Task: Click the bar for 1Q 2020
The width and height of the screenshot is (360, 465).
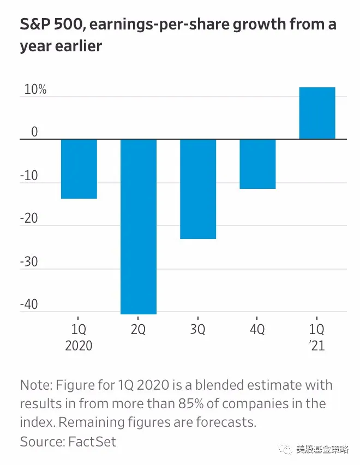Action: pyautogui.click(x=79, y=169)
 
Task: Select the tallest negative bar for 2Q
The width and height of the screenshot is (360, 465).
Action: pyautogui.click(x=139, y=226)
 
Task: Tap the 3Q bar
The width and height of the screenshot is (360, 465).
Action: pyautogui.click(x=198, y=189)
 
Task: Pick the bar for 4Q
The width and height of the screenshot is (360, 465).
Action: pyautogui.click(x=257, y=164)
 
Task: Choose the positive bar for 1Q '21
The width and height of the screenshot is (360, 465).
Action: pyautogui.click(x=317, y=113)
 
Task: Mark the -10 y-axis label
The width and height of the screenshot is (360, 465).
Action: pyautogui.click(x=30, y=176)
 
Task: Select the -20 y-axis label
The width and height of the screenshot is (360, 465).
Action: pyautogui.click(x=30, y=218)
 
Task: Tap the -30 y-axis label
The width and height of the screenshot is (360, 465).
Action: pyautogui.click(x=30, y=261)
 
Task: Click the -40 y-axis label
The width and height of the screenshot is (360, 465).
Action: pyautogui.click(x=30, y=304)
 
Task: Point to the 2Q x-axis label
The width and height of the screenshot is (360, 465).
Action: pyautogui.click(x=139, y=330)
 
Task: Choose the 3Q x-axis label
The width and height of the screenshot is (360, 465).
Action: pyautogui.click(x=198, y=330)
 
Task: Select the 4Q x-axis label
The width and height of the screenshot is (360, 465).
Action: pyautogui.click(x=257, y=330)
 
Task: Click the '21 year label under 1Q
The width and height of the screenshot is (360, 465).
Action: pyautogui.click(x=317, y=346)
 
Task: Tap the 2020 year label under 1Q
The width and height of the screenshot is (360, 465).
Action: pyautogui.click(x=79, y=346)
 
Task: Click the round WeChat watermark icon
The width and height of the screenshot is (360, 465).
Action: pyautogui.click(x=286, y=449)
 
